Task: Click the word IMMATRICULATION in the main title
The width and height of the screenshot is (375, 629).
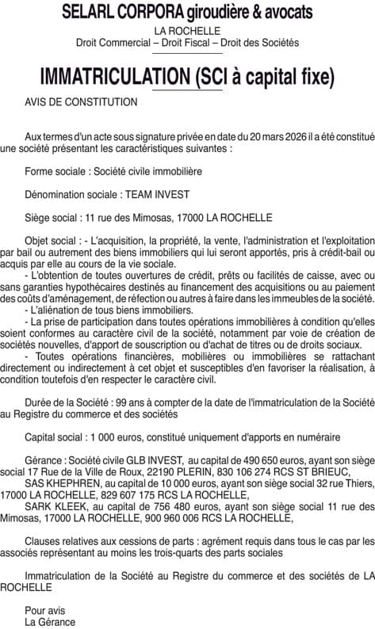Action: tap(114, 77)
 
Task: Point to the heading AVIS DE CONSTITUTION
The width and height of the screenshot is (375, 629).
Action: tap(81, 101)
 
